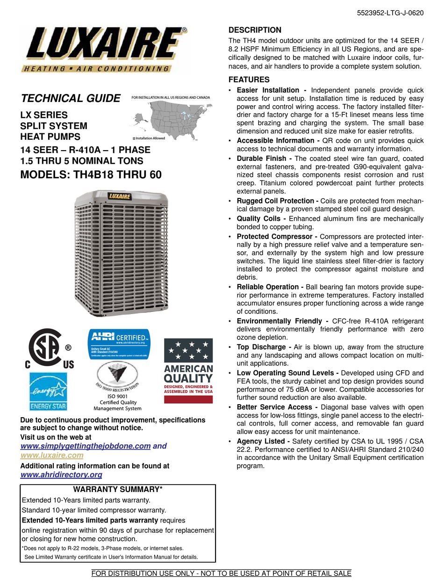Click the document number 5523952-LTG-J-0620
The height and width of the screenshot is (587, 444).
(x=390, y=13)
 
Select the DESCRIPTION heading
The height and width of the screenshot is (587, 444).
(x=255, y=30)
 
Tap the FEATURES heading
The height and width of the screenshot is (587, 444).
(x=249, y=80)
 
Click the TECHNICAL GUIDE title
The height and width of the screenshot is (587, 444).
(x=71, y=98)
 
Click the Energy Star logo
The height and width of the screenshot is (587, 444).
(x=49, y=391)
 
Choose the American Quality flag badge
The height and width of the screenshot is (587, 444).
(x=188, y=370)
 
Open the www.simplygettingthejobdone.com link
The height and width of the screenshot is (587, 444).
(x=86, y=446)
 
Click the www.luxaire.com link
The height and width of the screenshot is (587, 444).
(x=52, y=455)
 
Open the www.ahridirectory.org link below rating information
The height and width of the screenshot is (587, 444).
(x=61, y=475)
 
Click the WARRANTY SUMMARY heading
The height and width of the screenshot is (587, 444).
(x=118, y=489)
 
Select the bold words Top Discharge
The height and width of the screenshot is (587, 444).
(x=261, y=347)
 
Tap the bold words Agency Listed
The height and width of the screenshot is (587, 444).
(x=260, y=441)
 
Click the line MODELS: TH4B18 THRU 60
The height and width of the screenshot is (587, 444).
(x=91, y=175)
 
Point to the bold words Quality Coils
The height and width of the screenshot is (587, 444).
(x=258, y=218)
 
